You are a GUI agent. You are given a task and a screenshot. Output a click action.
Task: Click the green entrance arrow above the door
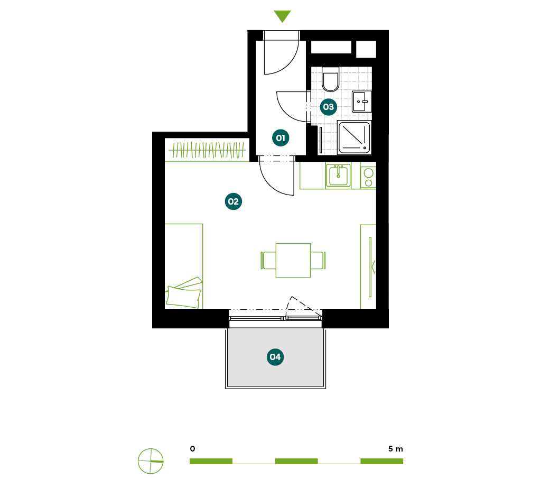point(282,15)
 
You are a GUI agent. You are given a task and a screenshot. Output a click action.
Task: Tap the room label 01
point(281,138)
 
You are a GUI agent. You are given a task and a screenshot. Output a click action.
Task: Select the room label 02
point(233,201)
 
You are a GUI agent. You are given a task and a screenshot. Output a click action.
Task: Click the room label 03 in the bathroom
point(329,107)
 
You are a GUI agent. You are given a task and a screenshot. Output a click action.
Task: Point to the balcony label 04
point(275,357)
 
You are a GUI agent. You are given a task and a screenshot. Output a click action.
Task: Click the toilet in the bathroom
point(331,79)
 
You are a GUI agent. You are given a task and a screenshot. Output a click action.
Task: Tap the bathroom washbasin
point(361,102)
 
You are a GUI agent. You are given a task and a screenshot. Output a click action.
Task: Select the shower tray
point(354,137)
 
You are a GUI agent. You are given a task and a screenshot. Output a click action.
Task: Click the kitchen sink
point(338,176)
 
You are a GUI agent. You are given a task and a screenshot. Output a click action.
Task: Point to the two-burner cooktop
point(368,178)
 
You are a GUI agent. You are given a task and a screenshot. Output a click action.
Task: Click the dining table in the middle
point(293,261)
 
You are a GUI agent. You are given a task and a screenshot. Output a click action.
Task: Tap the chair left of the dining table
point(268,261)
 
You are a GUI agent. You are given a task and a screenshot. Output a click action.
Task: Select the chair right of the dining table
point(318,261)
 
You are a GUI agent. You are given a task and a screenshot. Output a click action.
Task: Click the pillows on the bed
point(184,293)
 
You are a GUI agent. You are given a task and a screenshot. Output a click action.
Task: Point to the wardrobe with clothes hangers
point(207,150)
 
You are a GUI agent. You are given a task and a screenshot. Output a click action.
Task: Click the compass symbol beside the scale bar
point(151,461)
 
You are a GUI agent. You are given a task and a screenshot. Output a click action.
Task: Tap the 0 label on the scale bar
point(192,449)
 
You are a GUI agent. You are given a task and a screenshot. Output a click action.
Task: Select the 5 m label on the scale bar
point(395,449)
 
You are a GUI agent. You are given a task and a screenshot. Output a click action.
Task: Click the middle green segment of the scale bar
point(296,461)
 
